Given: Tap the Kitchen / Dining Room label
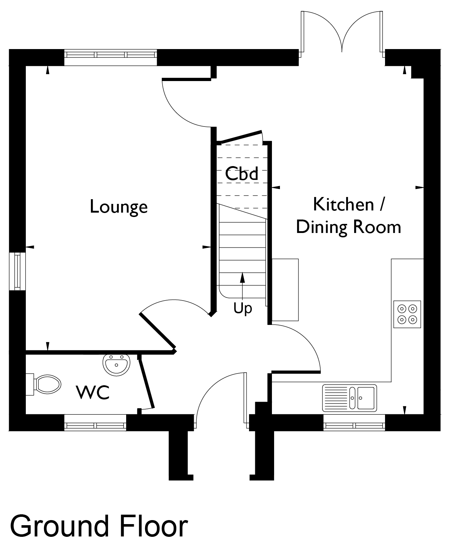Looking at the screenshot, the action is coord(348,216).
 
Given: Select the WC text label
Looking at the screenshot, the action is coord(93,393).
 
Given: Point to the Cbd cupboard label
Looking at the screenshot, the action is coord(242,174).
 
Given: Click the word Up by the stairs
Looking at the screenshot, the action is coord(243,309).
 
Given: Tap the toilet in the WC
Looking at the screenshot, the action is coord(44,385).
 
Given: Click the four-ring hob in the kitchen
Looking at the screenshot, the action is coord(407,314).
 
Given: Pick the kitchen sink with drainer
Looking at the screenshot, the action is coord(349,398).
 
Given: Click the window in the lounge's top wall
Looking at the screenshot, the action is coord(111,57).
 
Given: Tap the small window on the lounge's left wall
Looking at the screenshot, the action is coord(17,271).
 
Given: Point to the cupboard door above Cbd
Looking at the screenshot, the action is coord(241,137).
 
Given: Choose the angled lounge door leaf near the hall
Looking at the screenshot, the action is coord(157,330).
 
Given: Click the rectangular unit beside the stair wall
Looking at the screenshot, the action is coord(285,290).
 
